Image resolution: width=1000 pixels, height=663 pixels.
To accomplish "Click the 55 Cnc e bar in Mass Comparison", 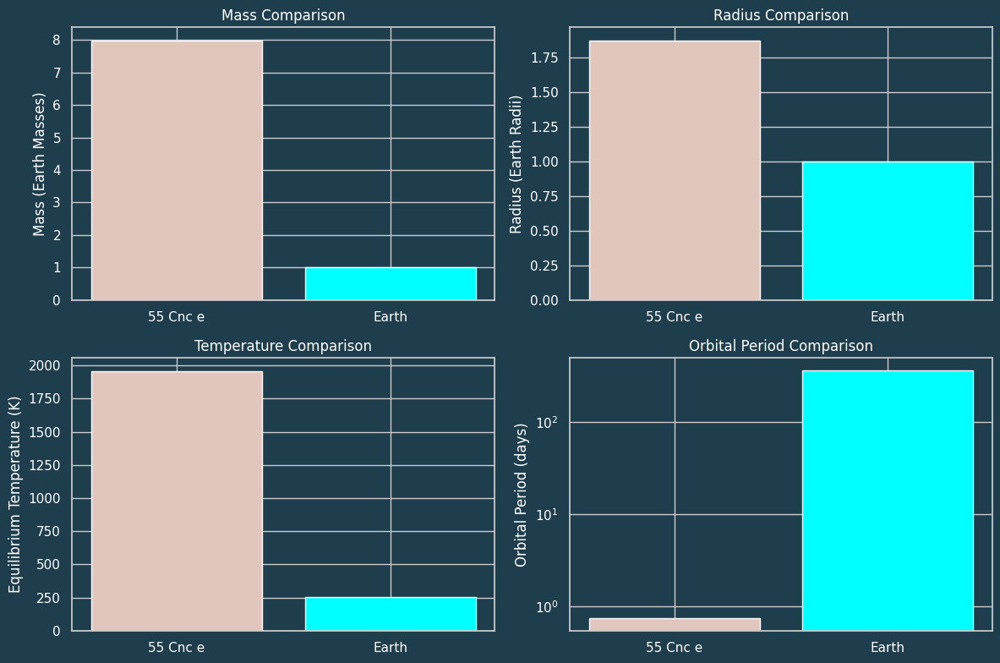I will point(177,170).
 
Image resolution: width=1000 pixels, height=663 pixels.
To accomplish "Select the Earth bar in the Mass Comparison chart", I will point(391,284).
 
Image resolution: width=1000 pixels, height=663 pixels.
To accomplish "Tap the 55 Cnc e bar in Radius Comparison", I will point(675,170).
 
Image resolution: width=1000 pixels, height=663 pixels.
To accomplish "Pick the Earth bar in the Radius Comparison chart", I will point(888,231).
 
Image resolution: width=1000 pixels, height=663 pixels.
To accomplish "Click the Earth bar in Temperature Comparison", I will point(391,614).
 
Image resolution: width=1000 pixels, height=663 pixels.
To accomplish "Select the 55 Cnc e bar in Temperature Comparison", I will point(177,501).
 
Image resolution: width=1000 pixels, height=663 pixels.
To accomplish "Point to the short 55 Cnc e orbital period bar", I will point(675,624).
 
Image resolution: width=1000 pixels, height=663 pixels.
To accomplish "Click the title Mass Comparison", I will point(283,15).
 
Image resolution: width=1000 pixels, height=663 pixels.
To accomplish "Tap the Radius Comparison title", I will point(781,15).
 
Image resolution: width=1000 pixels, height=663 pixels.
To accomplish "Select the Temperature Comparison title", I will point(283,346).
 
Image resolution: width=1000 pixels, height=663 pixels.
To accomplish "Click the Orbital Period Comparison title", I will point(781,346).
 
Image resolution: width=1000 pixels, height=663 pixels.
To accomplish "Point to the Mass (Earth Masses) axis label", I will point(39,164).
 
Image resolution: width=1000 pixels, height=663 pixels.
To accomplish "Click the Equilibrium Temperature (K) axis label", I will point(15,495).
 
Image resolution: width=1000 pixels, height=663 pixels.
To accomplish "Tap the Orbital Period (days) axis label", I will point(521,495).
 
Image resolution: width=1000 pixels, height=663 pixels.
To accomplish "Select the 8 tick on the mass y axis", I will point(57,41).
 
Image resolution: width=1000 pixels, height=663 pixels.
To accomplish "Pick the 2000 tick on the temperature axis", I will point(44,365).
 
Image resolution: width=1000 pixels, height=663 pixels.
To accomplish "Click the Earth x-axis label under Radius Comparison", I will point(888,317).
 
